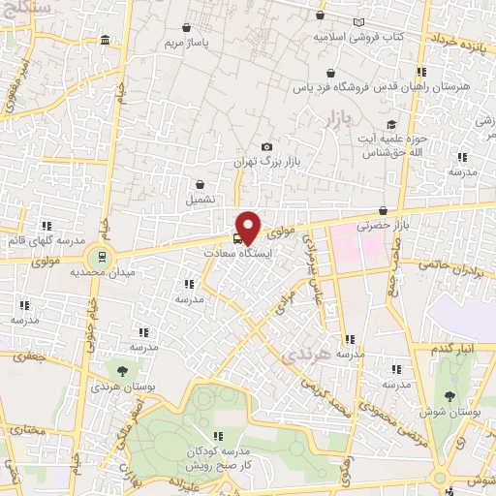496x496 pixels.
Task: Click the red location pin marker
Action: [248, 227]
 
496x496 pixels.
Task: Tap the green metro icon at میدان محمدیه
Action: [99, 256]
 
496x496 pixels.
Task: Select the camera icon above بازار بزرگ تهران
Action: [267, 146]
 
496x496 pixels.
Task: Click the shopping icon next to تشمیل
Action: [201, 183]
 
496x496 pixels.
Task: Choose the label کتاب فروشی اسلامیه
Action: [358, 37]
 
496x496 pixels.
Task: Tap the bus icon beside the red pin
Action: [238, 237]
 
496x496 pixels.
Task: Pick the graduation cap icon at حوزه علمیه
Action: [392, 124]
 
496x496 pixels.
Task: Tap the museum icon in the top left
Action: [105, 40]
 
